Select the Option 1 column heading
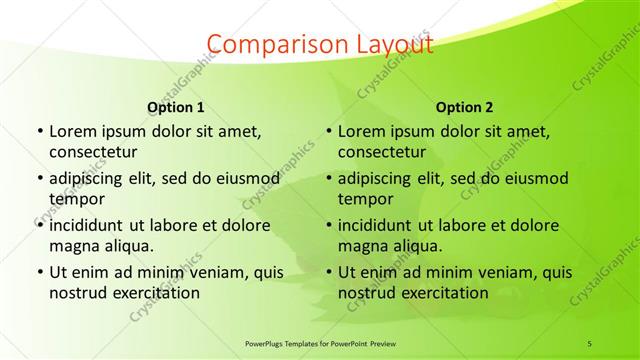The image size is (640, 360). tap(176, 107)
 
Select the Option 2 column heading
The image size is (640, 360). tap(465, 107)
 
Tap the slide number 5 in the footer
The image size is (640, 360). tap(589, 343)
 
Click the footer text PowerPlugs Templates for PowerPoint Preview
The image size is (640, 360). tap(319, 343)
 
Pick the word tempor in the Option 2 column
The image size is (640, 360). tap(366, 199)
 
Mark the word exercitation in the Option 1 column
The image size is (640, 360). tap(155, 293)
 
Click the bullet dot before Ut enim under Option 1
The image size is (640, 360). tap(39, 272)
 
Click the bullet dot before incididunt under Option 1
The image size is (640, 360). tap(39, 225)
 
